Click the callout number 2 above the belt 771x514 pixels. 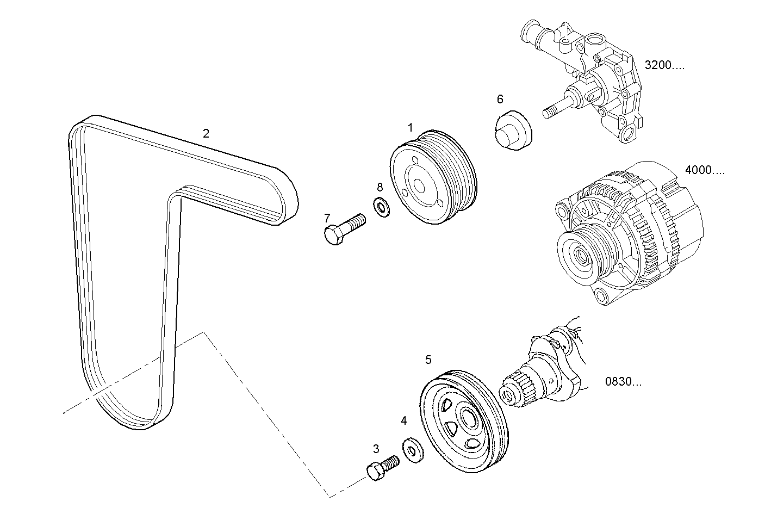[x=206, y=133]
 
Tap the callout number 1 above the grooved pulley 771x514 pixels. [x=411, y=127]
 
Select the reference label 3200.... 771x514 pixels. [x=664, y=65]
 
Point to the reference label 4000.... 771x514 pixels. [x=705, y=170]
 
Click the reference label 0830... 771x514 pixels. [x=623, y=382]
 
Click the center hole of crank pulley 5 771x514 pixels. [x=467, y=418]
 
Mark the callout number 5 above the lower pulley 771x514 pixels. [x=428, y=360]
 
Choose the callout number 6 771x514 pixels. [x=500, y=99]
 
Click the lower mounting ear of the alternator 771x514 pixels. [x=600, y=296]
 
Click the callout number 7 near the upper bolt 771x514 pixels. [x=327, y=218]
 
